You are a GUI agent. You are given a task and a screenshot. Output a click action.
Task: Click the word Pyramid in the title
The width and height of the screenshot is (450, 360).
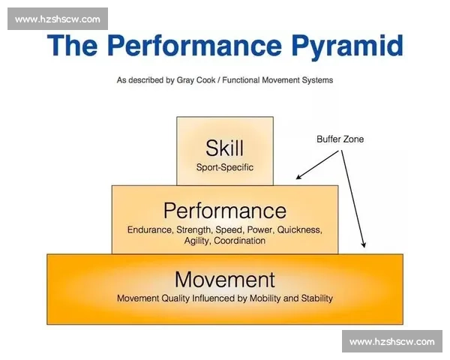[347, 46]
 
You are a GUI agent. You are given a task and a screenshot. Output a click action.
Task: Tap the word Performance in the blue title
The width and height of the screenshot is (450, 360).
[195, 45]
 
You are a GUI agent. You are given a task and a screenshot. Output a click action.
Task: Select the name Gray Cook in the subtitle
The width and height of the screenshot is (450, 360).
[196, 80]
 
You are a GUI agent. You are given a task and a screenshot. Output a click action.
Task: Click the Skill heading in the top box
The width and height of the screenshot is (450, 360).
[225, 148]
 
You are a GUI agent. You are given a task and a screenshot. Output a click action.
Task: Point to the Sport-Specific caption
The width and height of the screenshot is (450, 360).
[225, 167]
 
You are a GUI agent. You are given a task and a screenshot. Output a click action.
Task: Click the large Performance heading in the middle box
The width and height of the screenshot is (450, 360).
[225, 211]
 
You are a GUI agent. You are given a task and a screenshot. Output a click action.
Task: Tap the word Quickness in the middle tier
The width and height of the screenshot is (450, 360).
[299, 230]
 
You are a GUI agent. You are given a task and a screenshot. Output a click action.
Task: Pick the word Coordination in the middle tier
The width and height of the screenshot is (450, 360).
[240, 241]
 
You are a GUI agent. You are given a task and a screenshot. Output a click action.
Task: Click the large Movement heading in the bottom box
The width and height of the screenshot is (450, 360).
[225, 280]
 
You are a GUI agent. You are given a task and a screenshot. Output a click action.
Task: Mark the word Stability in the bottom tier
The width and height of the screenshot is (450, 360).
[316, 298]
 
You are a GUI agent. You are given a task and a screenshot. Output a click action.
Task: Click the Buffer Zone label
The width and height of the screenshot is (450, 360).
[340, 139]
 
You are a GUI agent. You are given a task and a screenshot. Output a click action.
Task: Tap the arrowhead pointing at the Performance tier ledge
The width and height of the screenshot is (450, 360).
[298, 177]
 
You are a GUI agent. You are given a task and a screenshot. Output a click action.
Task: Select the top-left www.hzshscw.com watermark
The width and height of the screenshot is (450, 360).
[58, 19]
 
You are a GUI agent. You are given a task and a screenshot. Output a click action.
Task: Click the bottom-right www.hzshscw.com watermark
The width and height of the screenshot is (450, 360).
[392, 342]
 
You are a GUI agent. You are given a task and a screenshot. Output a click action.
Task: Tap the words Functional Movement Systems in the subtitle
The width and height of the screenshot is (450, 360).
[277, 80]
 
